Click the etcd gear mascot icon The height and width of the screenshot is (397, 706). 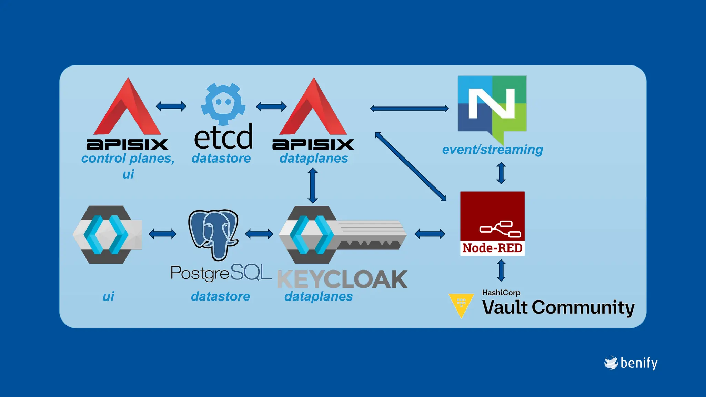(x=223, y=104)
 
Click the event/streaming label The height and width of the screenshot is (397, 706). (x=492, y=150)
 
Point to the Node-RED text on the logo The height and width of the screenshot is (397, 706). (x=492, y=248)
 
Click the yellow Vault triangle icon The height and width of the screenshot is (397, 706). (x=461, y=305)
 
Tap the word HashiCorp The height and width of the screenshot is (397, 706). (x=501, y=293)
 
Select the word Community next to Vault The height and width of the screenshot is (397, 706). (x=583, y=307)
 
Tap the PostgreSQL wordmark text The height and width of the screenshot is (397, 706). (x=221, y=273)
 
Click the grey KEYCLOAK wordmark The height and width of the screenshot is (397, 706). (x=342, y=279)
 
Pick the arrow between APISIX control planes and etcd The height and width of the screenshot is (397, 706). (x=171, y=106)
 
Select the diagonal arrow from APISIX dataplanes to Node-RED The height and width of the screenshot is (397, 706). (x=410, y=166)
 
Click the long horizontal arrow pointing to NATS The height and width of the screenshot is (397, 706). (x=409, y=109)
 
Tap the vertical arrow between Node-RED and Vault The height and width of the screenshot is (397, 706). (x=501, y=271)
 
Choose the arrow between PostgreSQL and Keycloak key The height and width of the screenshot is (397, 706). (x=259, y=234)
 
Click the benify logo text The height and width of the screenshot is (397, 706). (x=638, y=363)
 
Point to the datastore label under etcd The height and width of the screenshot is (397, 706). (x=221, y=158)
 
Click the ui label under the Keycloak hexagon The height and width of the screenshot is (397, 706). (x=108, y=296)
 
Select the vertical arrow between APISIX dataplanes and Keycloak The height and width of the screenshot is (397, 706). (x=313, y=185)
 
